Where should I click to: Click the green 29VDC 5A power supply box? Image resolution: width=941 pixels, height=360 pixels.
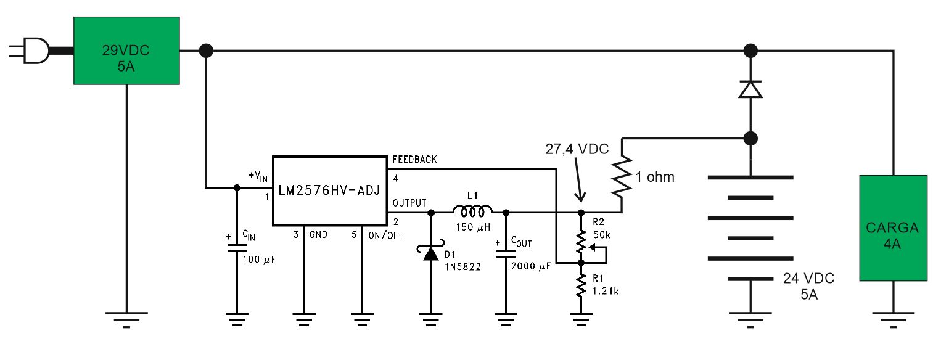click(x=126, y=51)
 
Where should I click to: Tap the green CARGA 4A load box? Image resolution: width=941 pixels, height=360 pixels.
click(x=893, y=228)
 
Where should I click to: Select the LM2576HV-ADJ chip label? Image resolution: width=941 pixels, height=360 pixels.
click(x=329, y=190)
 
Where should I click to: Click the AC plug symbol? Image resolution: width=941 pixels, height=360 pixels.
click(x=30, y=51)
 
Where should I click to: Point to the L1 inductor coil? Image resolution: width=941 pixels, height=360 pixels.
click(x=472, y=211)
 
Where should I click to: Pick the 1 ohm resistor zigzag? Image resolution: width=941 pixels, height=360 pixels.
click(x=622, y=176)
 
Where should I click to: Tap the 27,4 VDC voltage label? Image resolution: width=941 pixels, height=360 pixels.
click(x=577, y=149)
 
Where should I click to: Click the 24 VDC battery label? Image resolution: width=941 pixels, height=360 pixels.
click(x=808, y=278)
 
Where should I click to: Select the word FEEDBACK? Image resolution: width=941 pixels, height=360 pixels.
click(x=414, y=159)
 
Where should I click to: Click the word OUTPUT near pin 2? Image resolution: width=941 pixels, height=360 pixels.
click(x=409, y=203)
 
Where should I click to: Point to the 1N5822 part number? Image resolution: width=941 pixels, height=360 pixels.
click(x=462, y=267)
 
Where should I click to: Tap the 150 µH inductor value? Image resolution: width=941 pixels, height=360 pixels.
click(x=473, y=227)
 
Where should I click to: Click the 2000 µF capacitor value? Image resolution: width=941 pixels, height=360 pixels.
click(x=531, y=266)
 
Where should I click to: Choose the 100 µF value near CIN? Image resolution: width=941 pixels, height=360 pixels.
click(x=259, y=260)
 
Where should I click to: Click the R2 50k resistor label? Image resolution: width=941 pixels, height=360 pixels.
click(x=602, y=228)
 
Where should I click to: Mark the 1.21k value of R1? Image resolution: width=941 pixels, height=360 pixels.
click(x=606, y=291)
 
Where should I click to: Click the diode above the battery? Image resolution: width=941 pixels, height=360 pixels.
click(x=750, y=89)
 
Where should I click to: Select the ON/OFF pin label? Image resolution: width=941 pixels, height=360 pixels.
click(x=385, y=235)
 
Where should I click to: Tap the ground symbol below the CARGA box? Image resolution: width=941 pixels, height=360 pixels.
click(x=893, y=319)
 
